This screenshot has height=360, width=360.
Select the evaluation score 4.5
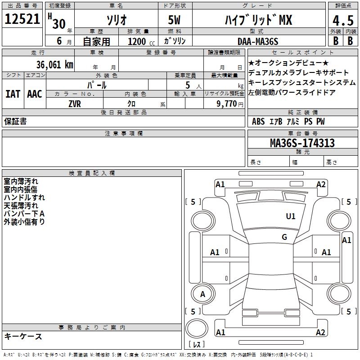click(x=342, y=20)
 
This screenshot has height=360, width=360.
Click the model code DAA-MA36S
click(x=258, y=41)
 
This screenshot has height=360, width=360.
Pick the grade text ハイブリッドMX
click(x=258, y=20)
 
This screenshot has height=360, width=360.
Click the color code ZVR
click(x=75, y=103)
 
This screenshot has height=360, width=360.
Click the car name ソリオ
click(x=116, y=20)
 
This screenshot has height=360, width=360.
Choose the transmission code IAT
click(x=13, y=94)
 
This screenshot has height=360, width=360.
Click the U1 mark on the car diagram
click(x=291, y=216)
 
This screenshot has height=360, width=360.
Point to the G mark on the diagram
click(x=284, y=237)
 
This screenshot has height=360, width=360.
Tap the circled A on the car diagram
click(x=202, y=294)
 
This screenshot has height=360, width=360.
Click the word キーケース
click(x=23, y=336)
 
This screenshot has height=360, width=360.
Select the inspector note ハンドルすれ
click(x=24, y=198)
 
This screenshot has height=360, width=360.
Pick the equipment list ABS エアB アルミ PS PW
click(x=288, y=121)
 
